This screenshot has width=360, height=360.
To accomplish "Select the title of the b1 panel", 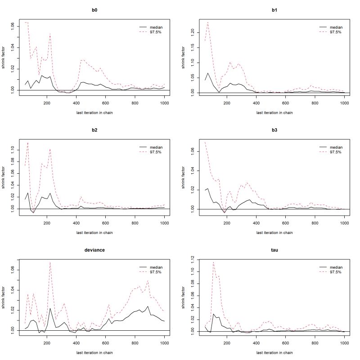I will pos(274,8).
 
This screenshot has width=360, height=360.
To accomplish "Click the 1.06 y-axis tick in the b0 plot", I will pos(12,26).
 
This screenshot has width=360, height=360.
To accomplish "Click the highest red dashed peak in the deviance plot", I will pos(100,262).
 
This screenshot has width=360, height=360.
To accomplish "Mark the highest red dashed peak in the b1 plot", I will pos(207,22).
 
